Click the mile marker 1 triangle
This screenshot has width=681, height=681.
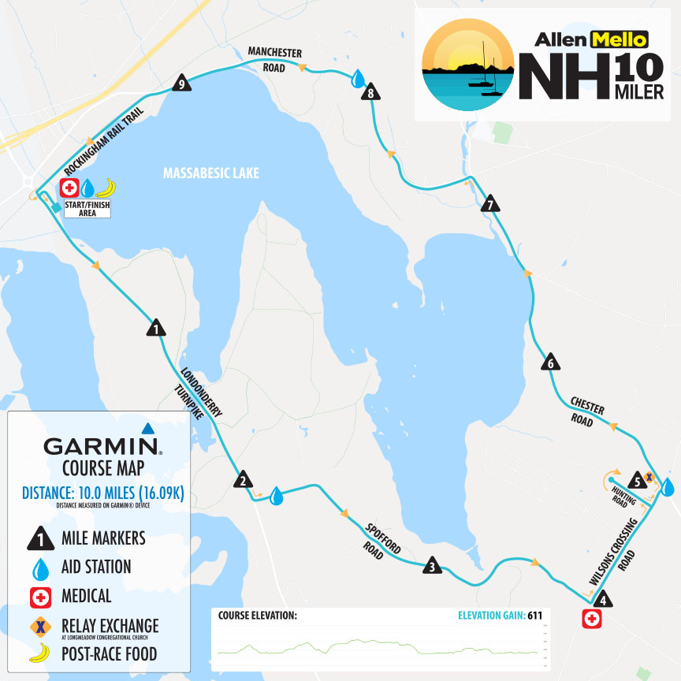coord(155,328)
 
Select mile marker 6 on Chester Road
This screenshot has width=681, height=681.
coord(551,363)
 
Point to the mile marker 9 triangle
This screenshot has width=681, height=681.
coord(182,84)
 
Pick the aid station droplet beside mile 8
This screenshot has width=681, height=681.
coord(359,78)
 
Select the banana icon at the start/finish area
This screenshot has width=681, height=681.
coord(105,188)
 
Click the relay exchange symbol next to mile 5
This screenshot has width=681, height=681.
coord(649,476)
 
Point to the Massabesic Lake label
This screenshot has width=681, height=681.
coord(210,173)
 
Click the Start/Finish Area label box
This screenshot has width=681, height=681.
coord(87,209)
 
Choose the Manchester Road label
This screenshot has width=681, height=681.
coord(275,60)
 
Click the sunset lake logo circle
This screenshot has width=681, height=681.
coord(467,65)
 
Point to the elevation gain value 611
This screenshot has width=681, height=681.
coord(534,615)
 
